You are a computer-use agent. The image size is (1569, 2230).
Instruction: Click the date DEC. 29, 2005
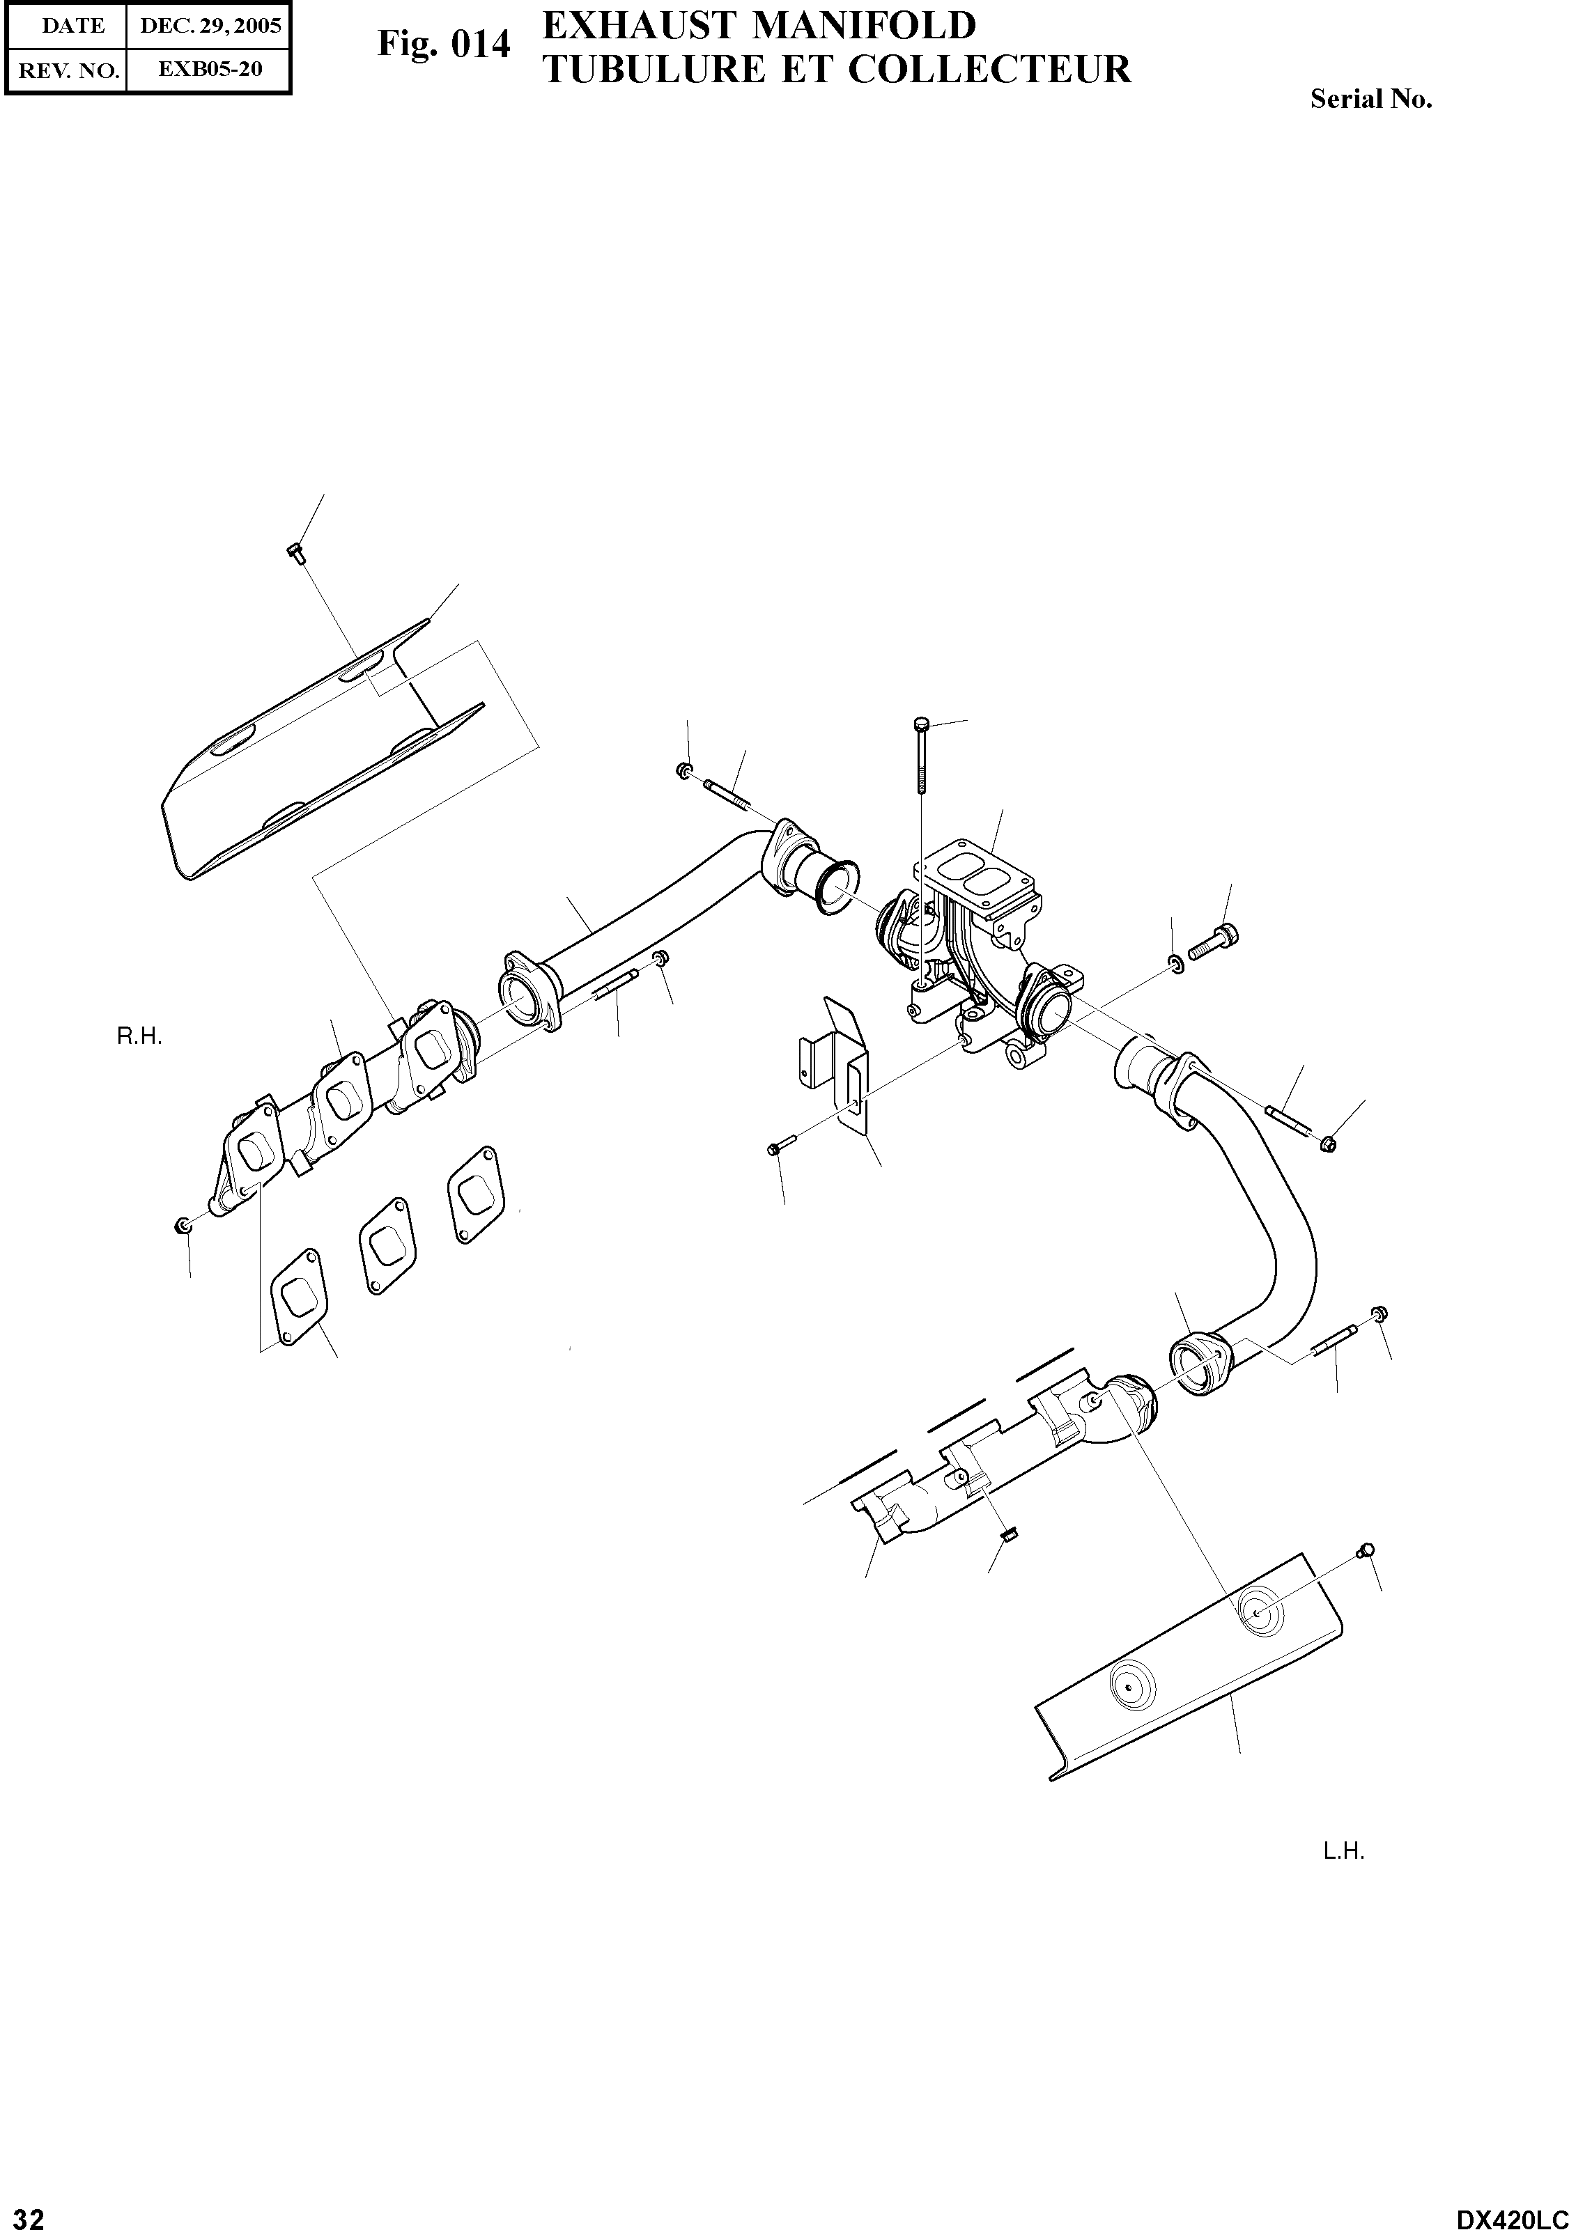pos(210,26)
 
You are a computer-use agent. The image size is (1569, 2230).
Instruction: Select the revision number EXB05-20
pos(210,70)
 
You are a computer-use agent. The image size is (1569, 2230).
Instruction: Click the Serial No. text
pos(1371,99)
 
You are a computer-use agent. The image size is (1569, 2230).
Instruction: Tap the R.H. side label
pos(139,1037)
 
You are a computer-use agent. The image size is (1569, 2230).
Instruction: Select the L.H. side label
pos(1343,1853)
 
